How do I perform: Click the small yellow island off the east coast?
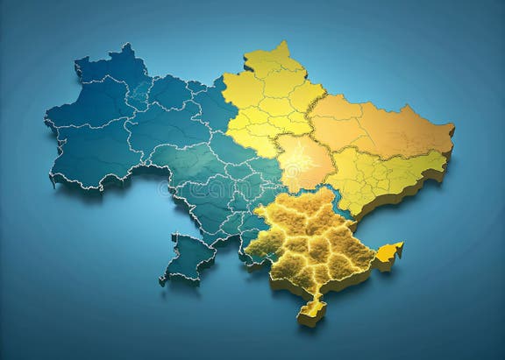(x=388, y=253)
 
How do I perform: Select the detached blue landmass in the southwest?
(x=188, y=258)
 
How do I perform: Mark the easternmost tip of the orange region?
(x=452, y=130)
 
